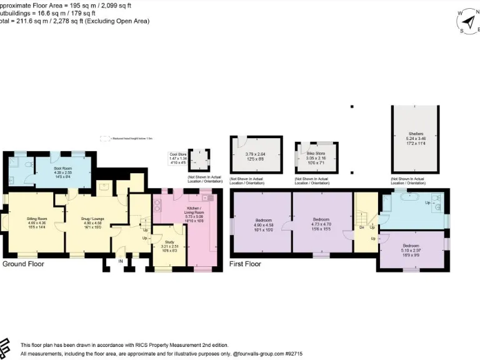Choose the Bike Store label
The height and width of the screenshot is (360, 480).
tap(316, 153)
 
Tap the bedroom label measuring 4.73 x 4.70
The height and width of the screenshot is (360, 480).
tap(321, 219)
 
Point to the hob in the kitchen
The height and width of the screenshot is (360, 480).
tap(157, 204)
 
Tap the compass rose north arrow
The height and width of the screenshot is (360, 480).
tap(469, 19)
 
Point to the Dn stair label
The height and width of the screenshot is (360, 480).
tap(362, 227)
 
